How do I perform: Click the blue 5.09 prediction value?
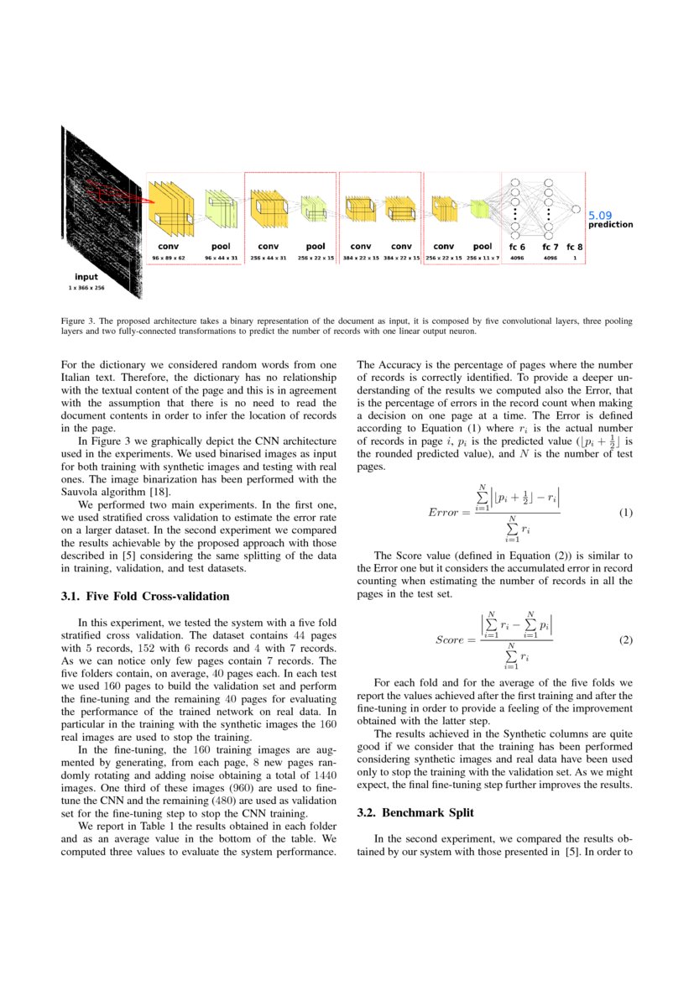pos(600,216)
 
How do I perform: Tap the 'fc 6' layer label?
pos(517,247)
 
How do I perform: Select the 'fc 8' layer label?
pos(575,247)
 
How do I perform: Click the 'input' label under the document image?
pos(86,277)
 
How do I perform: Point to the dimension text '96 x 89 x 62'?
pos(169,258)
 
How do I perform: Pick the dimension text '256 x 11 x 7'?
pos(483,258)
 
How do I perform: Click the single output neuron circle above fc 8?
pos(576,208)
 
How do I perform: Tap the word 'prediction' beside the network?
pos(610,225)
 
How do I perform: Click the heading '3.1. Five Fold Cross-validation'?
pos(145,597)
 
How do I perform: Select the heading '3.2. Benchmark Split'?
pos(415,813)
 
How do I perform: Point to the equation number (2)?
pos(625,640)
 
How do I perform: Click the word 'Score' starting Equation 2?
pos(449,640)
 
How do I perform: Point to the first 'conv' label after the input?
pos(169,247)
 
